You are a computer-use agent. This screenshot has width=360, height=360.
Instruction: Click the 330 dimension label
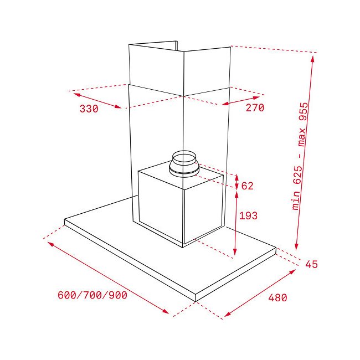(89, 109)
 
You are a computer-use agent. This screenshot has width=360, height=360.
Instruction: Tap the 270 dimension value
(255, 107)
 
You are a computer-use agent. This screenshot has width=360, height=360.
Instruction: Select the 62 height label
(247, 186)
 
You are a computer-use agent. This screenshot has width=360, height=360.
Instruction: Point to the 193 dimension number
(248, 215)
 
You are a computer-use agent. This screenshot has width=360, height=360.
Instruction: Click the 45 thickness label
(311, 264)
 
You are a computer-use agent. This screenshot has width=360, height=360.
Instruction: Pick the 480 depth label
(277, 298)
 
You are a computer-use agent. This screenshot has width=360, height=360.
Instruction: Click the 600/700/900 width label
(92, 295)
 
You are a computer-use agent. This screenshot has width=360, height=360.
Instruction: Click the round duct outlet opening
(184, 157)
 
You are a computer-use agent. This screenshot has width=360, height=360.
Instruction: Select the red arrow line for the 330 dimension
(97, 100)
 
